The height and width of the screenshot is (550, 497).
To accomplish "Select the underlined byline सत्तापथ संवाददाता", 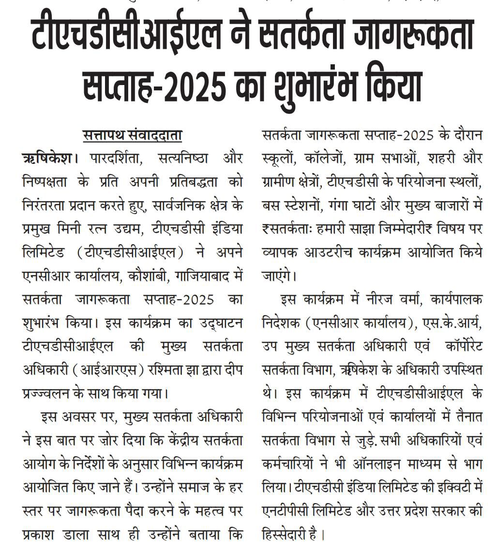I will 132,136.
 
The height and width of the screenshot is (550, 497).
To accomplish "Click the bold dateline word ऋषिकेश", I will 47,159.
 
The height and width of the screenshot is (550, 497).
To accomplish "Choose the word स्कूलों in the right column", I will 279,159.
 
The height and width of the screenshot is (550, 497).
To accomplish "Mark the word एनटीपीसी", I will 284,511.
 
